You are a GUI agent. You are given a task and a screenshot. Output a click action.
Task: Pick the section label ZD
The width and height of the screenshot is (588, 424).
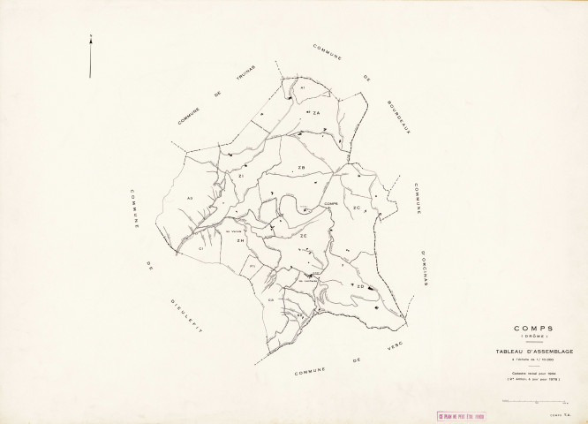tap(360, 286)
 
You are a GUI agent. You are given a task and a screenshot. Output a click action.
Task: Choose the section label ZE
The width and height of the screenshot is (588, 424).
tap(303, 236)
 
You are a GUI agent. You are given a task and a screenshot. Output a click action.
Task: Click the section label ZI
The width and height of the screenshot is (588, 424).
tap(240, 177)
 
